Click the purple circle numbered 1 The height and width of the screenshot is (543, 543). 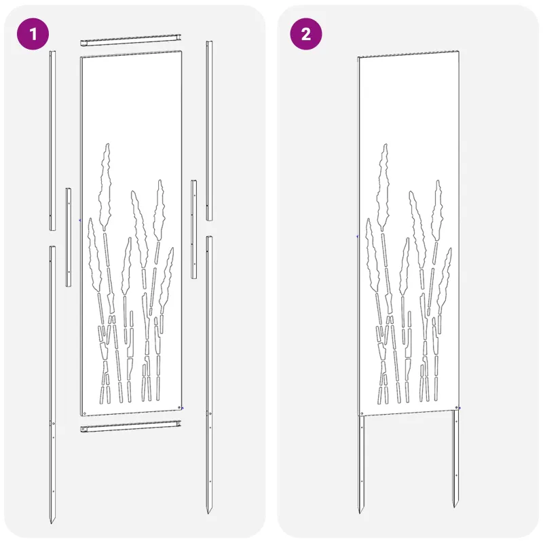tap(33, 35)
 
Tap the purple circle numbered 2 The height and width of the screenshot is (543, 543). tap(306, 35)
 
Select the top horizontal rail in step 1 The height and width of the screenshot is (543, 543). tap(131, 40)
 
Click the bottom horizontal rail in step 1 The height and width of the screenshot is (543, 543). tap(131, 426)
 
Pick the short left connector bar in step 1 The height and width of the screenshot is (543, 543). tap(69, 237)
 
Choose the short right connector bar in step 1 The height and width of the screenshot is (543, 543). tap(194, 229)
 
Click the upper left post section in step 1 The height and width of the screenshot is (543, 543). tap(52, 141)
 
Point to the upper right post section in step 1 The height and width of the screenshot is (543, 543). tap(210, 130)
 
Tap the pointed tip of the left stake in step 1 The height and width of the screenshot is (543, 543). tap(52, 523)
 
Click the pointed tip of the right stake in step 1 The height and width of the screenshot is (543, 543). tap(208, 513)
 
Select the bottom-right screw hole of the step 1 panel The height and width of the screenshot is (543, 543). tap(179, 408)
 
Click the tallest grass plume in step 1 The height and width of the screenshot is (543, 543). tap(105, 187)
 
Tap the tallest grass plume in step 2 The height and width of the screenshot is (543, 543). tap(383, 187)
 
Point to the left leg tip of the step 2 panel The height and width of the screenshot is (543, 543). tap(360, 512)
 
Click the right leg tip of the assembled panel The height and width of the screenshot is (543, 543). tap(454, 506)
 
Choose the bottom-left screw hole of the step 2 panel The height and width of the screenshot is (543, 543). tap(362, 413)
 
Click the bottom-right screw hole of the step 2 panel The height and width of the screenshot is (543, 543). tap(456, 408)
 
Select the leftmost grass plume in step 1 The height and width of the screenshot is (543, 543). tap(94, 255)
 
